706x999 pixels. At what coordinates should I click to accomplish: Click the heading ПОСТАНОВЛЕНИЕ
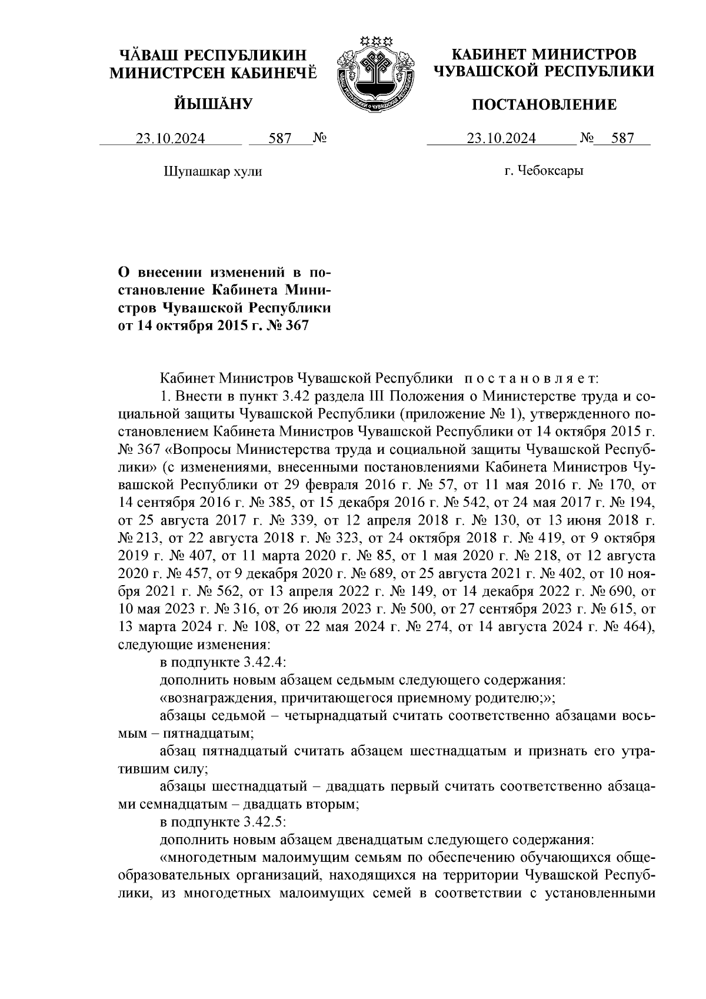click(545, 105)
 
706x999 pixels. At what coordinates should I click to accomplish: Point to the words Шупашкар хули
click(212, 171)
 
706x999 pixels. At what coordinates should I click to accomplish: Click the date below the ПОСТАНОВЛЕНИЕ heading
click(501, 138)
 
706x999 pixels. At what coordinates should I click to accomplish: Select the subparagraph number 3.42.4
click(263, 662)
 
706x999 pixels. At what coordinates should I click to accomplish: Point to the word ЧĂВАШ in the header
click(149, 56)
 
